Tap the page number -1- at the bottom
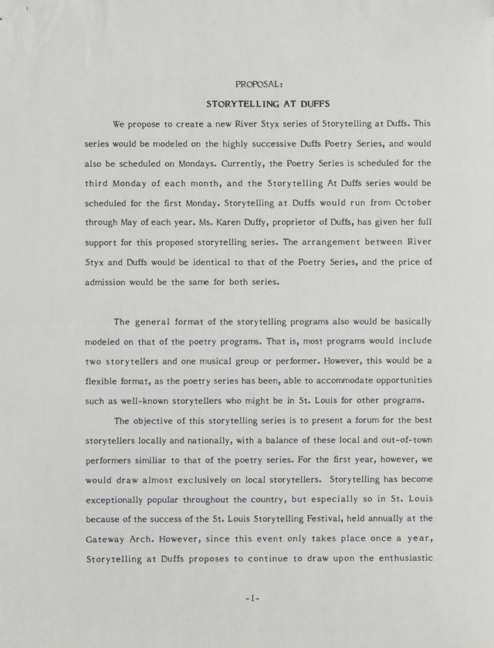click(247, 599)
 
